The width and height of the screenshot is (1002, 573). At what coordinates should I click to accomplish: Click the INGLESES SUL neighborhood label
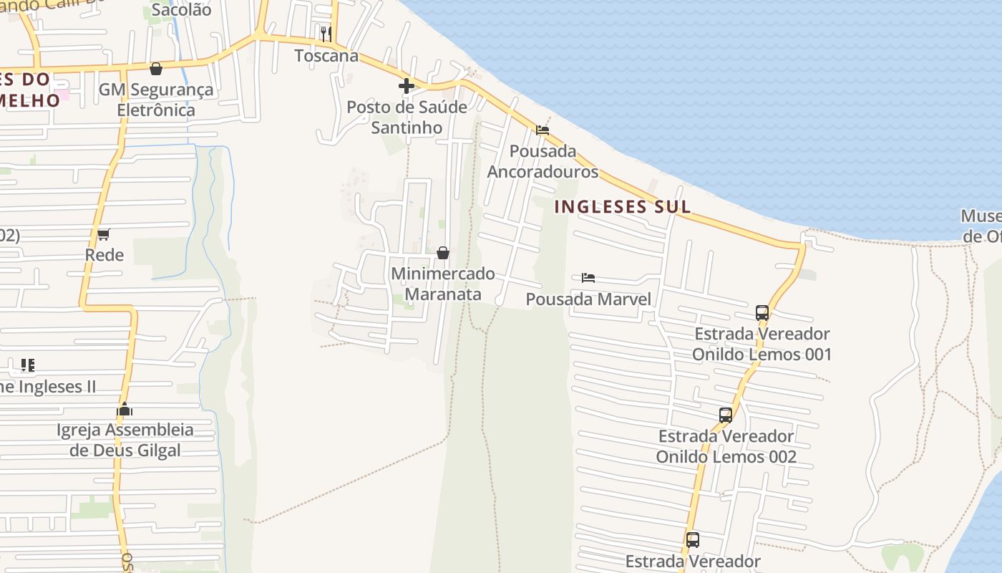click(623, 207)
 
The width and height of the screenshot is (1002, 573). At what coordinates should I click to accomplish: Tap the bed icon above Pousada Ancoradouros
click(543, 130)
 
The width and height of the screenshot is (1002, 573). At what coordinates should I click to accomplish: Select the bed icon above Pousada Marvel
click(588, 278)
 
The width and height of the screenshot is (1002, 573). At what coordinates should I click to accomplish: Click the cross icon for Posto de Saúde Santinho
click(407, 87)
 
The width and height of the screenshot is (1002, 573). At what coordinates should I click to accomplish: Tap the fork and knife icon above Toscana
click(326, 33)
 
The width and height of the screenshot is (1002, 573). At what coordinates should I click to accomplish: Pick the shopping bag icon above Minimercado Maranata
click(443, 253)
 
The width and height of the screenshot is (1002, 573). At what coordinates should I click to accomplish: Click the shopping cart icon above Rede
click(104, 234)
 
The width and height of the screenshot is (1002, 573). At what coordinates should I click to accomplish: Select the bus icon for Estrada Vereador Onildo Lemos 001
click(762, 313)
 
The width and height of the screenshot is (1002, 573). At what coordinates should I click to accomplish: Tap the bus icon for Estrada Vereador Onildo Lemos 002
click(726, 415)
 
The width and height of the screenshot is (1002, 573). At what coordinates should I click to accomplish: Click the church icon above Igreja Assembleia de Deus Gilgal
click(125, 410)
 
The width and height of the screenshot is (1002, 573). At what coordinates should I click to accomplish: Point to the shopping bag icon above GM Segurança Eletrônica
click(156, 69)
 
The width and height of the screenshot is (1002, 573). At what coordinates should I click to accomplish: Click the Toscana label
click(326, 56)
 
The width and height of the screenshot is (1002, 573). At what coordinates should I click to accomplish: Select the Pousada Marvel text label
click(588, 299)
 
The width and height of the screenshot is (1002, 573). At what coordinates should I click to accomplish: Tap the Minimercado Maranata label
click(443, 284)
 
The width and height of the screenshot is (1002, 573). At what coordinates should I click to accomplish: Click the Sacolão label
click(182, 10)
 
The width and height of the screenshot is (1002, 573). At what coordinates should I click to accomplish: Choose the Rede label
click(104, 256)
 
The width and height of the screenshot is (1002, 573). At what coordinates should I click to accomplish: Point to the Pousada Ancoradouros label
click(543, 162)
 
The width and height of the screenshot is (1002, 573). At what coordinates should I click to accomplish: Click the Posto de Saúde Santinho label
click(407, 117)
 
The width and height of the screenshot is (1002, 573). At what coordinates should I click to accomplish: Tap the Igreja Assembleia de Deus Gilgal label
click(125, 440)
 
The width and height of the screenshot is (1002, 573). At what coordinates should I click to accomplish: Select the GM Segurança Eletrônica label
click(156, 100)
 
